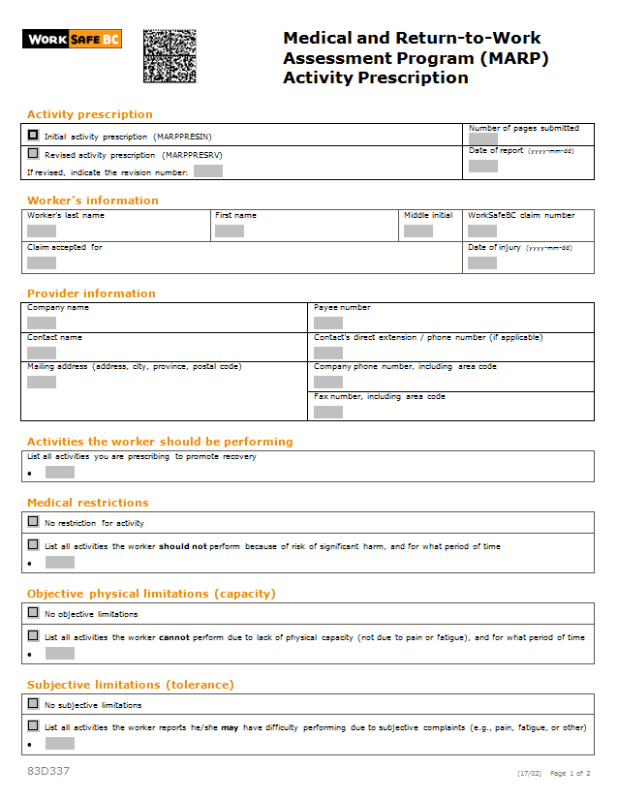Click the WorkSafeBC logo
(72, 40)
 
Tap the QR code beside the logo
(170, 55)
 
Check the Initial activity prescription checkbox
(34, 136)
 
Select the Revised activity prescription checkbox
(34, 153)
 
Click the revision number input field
(207, 171)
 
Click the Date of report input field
(482, 166)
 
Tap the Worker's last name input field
(42, 230)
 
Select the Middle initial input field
(418, 230)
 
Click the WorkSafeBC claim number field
(482, 230)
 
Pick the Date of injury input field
(482, 262)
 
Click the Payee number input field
(328, 323)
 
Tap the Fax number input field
(328, 412)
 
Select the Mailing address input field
(42, 382)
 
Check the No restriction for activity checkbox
(34, 522)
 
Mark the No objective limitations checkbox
(34, 613)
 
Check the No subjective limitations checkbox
(34, 704)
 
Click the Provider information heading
(91, 293)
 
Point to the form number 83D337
(48, 771)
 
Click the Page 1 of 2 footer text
(570, 773)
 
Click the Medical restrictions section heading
(88, 503)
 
